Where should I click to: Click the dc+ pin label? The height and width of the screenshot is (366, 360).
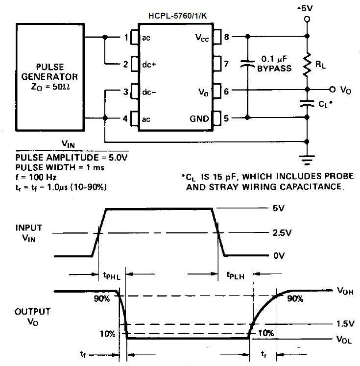pyautogui.click(x=149, y=64)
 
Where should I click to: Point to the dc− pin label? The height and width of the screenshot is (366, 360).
pyautogui.click(x=149, y=91)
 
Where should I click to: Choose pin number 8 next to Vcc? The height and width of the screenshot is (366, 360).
pyautogui.click(x=226, y=37)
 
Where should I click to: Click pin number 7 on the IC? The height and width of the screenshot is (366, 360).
pyautogui.click(x=226, y=64)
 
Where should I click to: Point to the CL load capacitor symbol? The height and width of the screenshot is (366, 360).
pyautogui.click(x=307, y=104)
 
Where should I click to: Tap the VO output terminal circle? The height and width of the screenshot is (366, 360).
pyautogui.click(x=332, y=90)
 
